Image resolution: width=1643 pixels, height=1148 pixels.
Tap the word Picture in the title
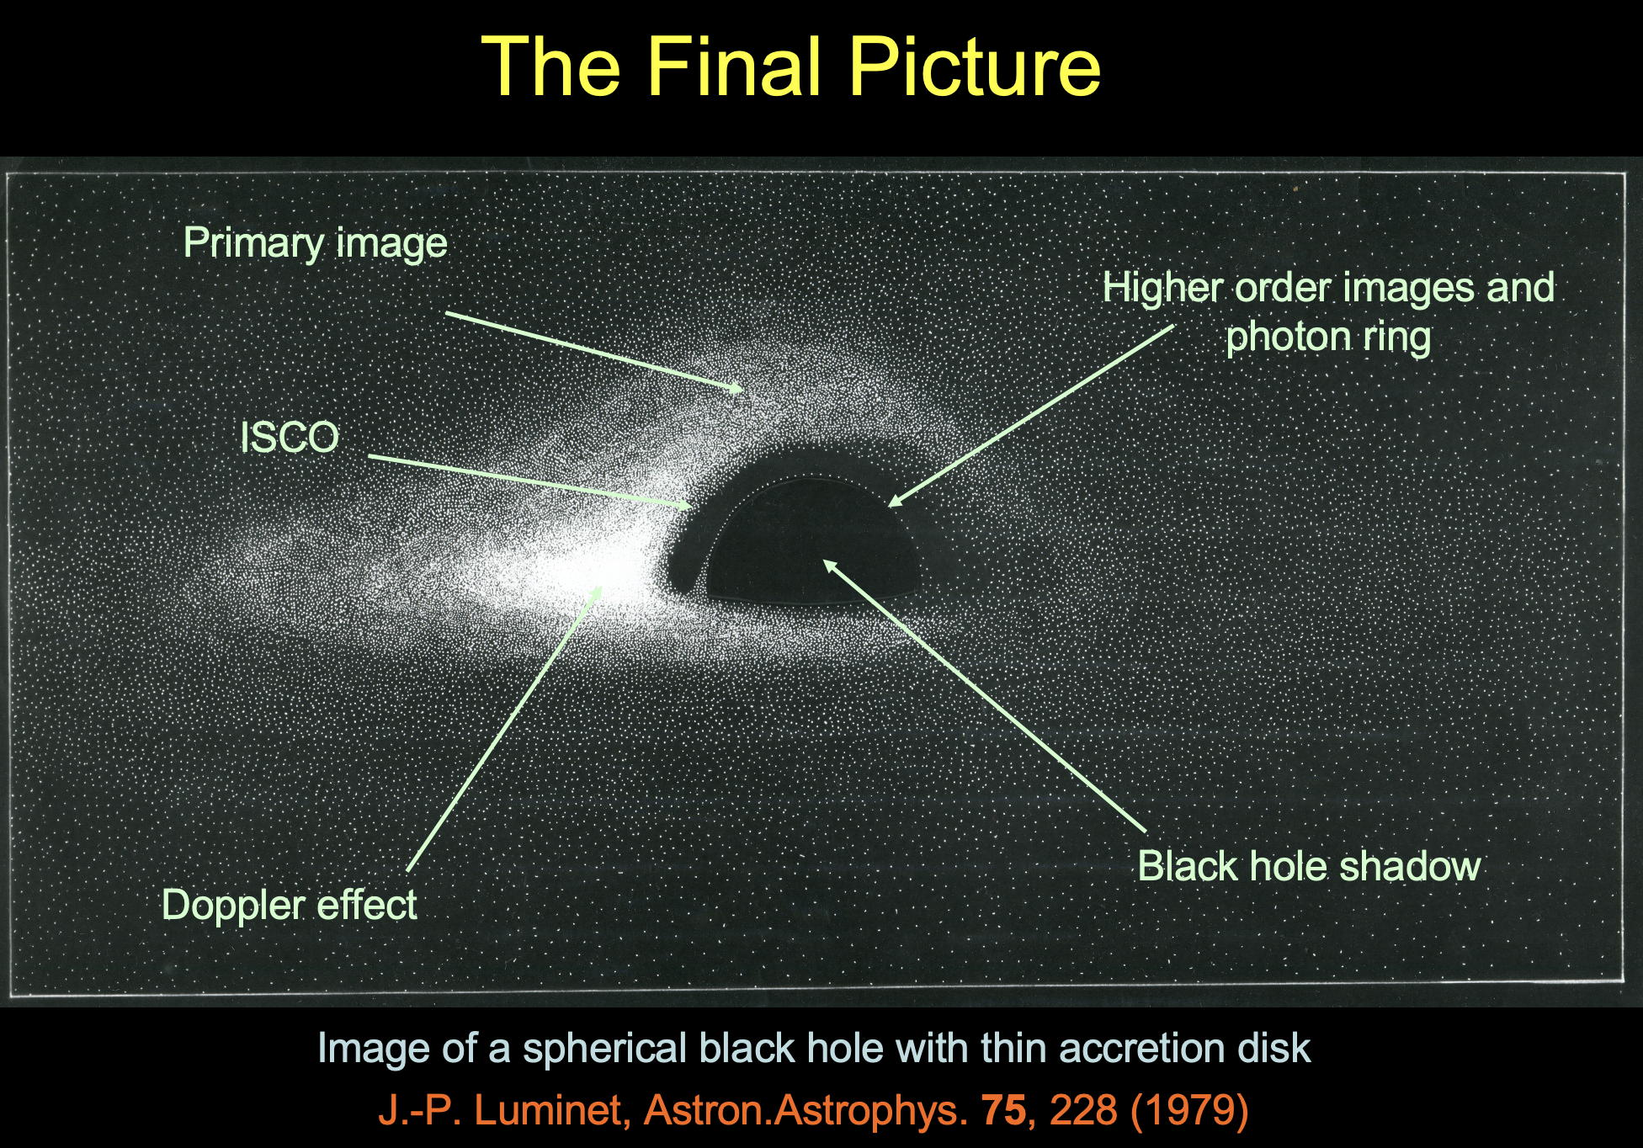click(974, 66)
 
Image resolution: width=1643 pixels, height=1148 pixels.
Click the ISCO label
click(290, 438)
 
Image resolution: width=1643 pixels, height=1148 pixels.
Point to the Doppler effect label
click(290, 906)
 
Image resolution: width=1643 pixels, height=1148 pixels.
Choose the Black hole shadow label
click(1309, 866)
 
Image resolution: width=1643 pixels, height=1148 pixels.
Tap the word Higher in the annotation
click(1162, 287)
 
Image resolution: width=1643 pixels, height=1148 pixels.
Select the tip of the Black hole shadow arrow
click(824, 561)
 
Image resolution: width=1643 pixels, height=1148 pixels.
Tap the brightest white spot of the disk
click(614, 568)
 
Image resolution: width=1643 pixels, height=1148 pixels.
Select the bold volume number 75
click(1004, 1110)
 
